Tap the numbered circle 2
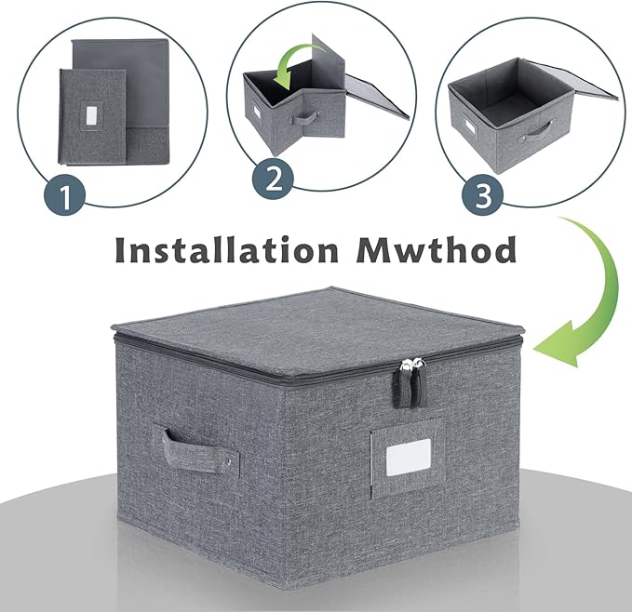pyautogui.click(x=273, y=180)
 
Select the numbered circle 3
pyautogui.click(x=483, y=194)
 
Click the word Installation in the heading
pyautogui.click(x=226, y=249)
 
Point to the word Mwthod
pyautogui.click(x=437, y=249)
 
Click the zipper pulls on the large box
pyautogui.click(x=412, y=383)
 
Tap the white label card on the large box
pyautogui.click(x=409, y=457)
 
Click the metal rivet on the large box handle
pyautogui.click(x=229, y=461)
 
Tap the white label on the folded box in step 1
pyautogui.click(x=91, y=116)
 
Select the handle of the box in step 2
pyautogui.click(x=304, y=119)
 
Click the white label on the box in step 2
pyautogui.click(x=256, y=113)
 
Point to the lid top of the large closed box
pyautogui.click(x=315, y=318)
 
